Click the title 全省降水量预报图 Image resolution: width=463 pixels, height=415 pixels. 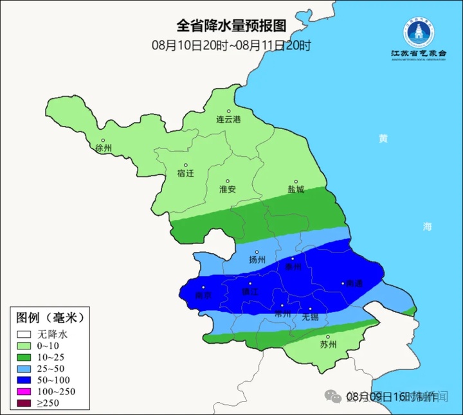point(231,26)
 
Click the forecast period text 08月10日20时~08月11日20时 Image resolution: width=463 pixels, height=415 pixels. point(231,45)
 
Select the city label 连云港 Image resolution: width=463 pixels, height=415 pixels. point(228,119)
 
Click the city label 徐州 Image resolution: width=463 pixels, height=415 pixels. point(104,148)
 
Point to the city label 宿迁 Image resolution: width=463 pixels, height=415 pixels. point(185,173)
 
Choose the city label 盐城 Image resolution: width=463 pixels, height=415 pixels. point(296,190)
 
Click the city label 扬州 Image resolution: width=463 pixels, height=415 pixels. point(257,260)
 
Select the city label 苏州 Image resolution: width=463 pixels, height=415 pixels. point(328,344)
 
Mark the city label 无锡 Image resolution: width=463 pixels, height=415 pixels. point(310,317)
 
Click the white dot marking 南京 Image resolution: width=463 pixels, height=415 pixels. point(203,288)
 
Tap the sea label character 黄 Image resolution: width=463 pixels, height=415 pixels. point(383,138)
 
